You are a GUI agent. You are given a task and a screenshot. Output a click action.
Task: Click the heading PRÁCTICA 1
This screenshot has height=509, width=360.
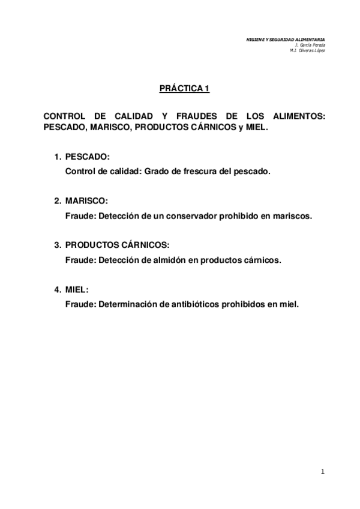(184, 89)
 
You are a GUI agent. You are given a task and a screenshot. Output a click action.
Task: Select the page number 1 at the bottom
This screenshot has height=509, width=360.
(322, 472)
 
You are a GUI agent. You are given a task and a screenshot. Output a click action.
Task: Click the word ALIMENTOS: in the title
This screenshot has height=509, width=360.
(300, 118)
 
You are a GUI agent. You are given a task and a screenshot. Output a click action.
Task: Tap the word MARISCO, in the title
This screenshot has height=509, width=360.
(106, 128)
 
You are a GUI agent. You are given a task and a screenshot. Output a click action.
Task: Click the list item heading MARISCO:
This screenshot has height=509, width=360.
(86, 201)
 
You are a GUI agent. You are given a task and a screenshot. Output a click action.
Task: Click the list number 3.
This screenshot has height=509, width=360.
(57, 245)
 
